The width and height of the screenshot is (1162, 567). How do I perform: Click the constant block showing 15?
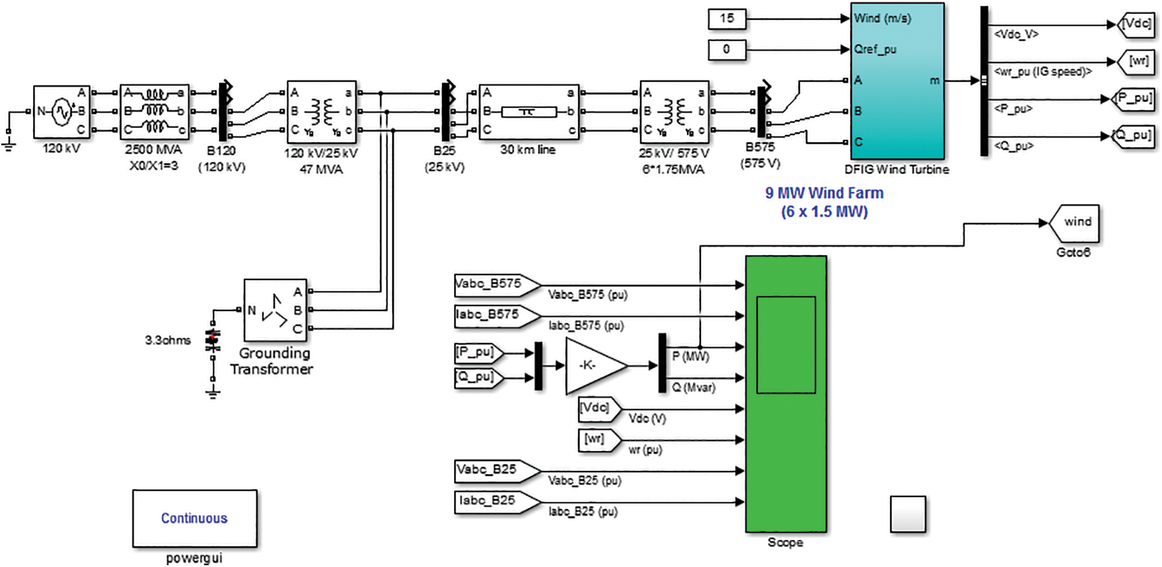[727, 19]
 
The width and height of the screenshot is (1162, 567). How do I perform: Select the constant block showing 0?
[727, 50]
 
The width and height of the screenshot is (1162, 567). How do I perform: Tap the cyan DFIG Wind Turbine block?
[897, 82]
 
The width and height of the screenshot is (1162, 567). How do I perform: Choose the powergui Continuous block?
[194, 518]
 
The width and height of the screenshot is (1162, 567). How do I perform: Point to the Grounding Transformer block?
[275, 310]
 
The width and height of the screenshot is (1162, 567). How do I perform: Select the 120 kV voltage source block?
[61, 112]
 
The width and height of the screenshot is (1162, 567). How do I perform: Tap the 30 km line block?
[528, 112]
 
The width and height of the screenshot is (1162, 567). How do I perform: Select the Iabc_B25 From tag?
[488, 501]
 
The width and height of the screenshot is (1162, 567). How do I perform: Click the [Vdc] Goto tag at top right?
[1135, 24]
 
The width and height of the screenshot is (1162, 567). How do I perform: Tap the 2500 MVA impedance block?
[155, 112]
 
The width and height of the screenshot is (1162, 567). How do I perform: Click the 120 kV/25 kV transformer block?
[321, 112]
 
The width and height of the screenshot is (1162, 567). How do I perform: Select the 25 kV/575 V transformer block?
[674, 112]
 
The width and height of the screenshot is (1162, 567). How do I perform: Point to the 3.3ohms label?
[167, 341]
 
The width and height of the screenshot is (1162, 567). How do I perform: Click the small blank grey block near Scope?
[907, 514]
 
